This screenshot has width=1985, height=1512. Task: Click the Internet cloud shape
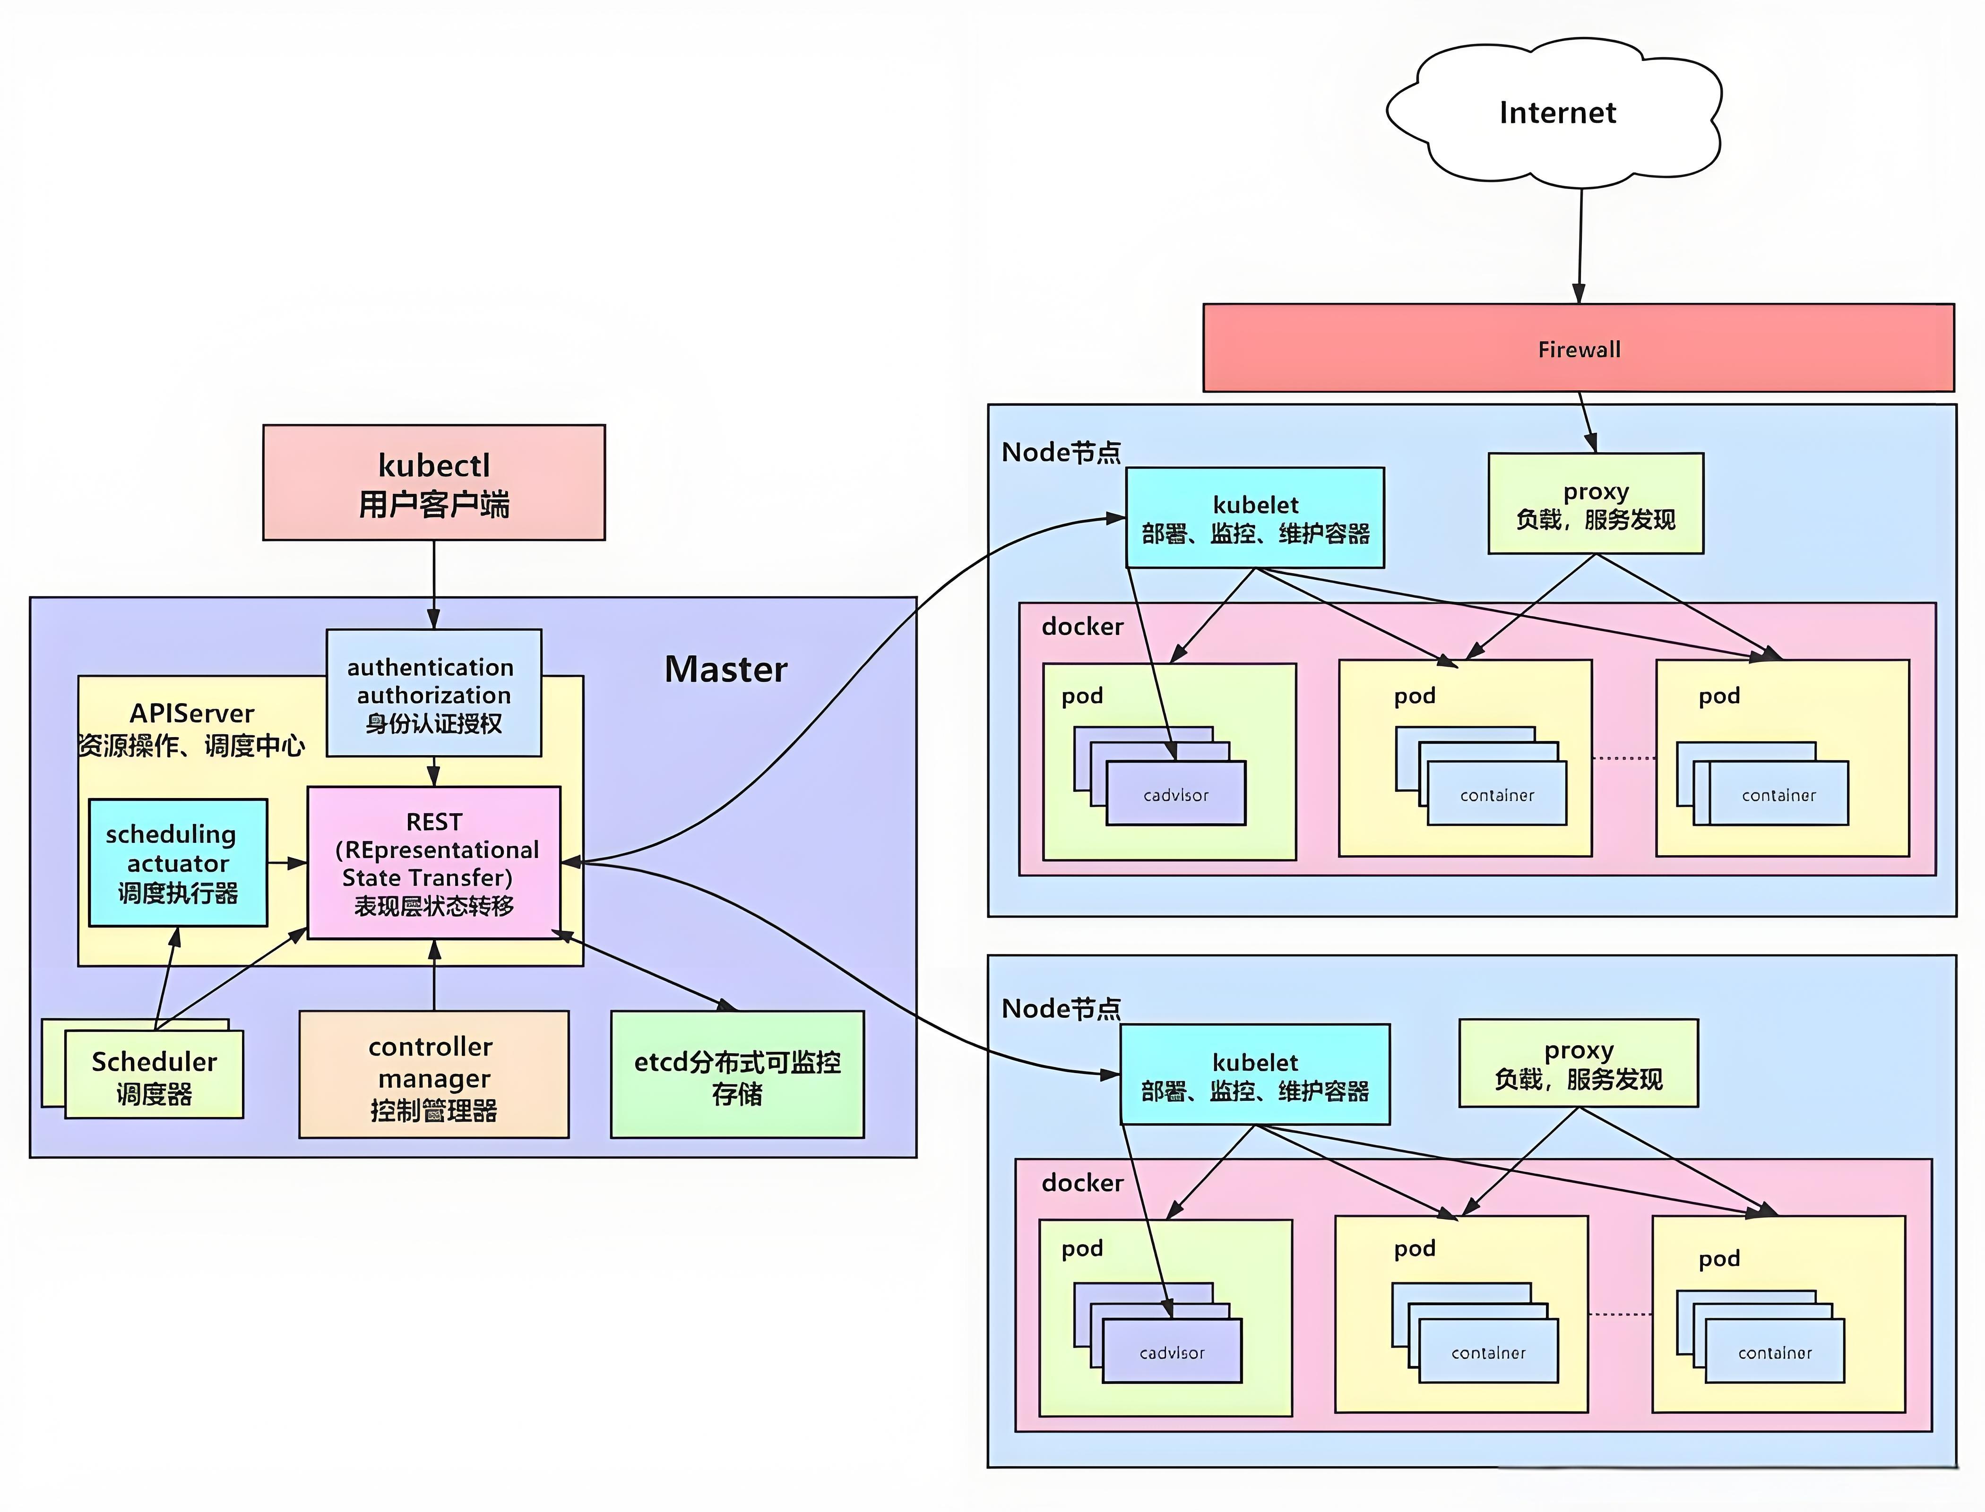1555,112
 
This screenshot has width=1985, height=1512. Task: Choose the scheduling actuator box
177,862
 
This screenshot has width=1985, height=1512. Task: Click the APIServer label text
192,713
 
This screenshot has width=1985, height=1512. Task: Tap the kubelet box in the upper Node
1255,517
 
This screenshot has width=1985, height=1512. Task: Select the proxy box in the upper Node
1595,504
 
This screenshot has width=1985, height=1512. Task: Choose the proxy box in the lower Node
1578,1063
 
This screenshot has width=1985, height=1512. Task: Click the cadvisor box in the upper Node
1176,795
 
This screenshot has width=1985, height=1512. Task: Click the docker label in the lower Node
1082,1183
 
